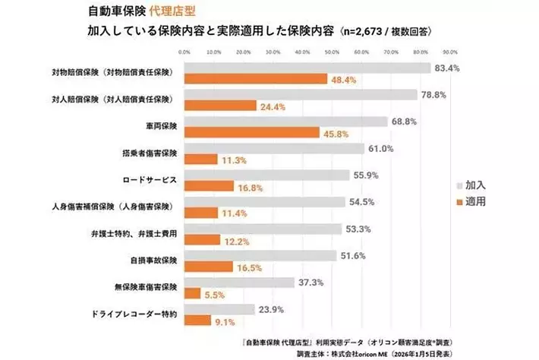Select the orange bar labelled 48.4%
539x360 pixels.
tap(255, 79)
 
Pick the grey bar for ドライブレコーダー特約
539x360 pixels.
tap(219, 310)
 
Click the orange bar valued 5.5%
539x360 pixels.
tap(192, 293)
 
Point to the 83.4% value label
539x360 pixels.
tap(446, 68)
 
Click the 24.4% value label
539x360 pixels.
tap(272, 107)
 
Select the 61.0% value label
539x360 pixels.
tap(380, 149)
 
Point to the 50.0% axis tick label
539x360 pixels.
tap(331, 53)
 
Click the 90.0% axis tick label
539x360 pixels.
tap(449, 53)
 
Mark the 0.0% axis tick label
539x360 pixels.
tap(184, 53)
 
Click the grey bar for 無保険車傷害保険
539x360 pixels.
tap(239, 283)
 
